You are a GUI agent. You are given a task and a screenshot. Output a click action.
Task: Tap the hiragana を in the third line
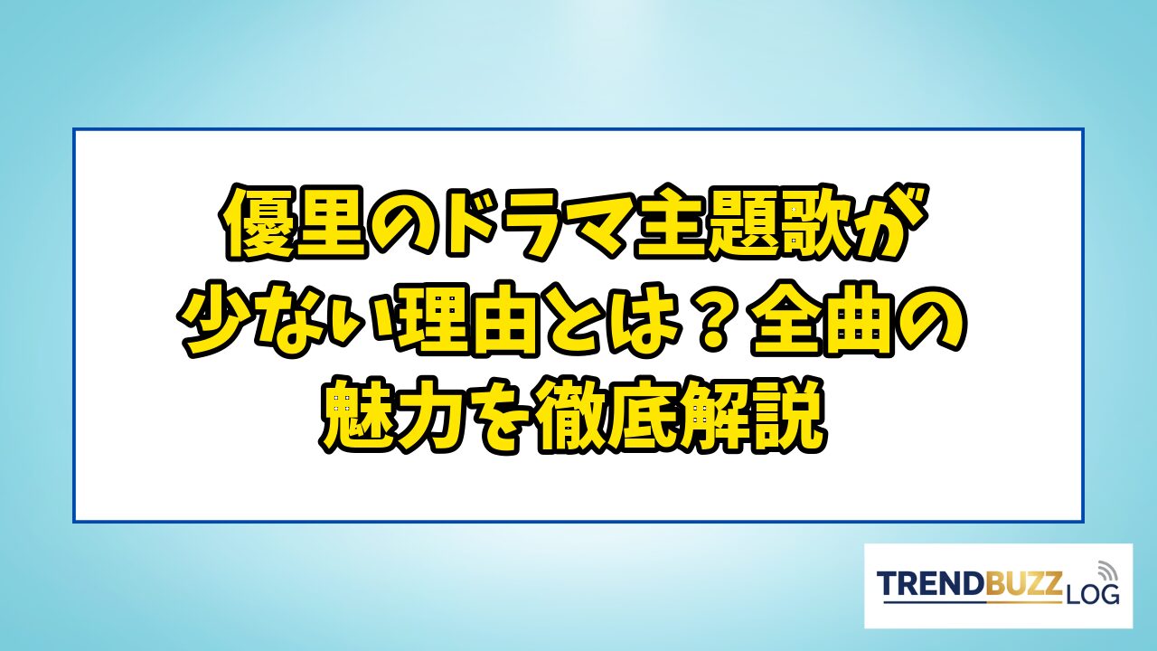tap(503, 418)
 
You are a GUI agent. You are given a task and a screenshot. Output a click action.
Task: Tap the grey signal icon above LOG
tap(1105, 571)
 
